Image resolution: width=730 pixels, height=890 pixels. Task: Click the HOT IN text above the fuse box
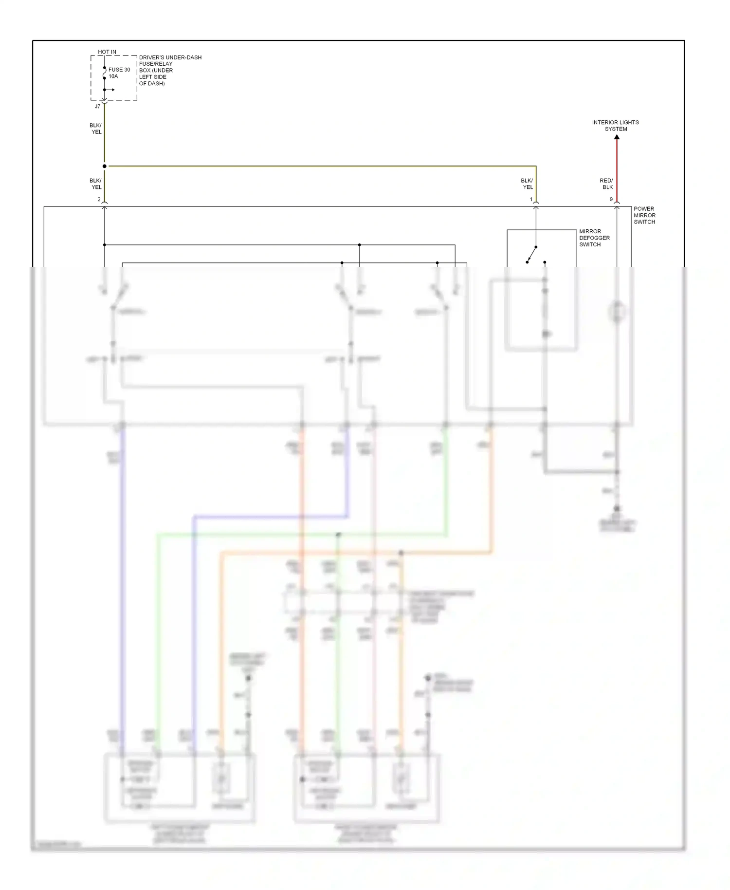[x=107, y=52]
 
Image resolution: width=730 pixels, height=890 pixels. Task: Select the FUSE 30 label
[x=119, y=70]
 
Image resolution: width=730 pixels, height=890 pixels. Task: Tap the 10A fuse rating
[x=113, y=76]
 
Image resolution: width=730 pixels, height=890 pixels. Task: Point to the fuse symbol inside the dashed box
[x=104, y=73]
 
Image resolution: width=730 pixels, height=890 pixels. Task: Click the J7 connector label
[x=97, y=107]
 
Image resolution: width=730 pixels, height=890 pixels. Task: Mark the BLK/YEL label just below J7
[x=96, y=129]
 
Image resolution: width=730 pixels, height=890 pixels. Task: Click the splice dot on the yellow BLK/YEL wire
[x=104, y=166]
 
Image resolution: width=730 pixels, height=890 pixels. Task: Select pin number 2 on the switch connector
[x=99, y=200]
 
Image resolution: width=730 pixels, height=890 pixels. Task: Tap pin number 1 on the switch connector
[x=531, y=200]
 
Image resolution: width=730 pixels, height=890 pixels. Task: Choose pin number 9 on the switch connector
[x=611, y=200]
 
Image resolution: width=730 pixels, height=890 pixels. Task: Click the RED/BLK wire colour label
[x=606, y=184]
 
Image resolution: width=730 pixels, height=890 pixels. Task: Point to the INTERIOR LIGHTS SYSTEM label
[x=616, y=126]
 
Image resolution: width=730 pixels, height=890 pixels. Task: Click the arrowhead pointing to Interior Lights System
[x=617, y=137]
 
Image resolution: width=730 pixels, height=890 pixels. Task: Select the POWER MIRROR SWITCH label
[x=644, y=215]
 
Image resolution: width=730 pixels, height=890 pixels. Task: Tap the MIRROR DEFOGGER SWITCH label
[x=594, y=238]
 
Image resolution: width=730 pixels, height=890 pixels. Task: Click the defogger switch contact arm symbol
[x=532, y=254]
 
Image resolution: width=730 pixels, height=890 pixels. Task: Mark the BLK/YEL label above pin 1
[x=527, y=184]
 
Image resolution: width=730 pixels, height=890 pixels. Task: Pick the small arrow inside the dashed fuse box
[x=110, y=90]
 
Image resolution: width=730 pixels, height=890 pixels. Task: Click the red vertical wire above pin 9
[x=617, y=170]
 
